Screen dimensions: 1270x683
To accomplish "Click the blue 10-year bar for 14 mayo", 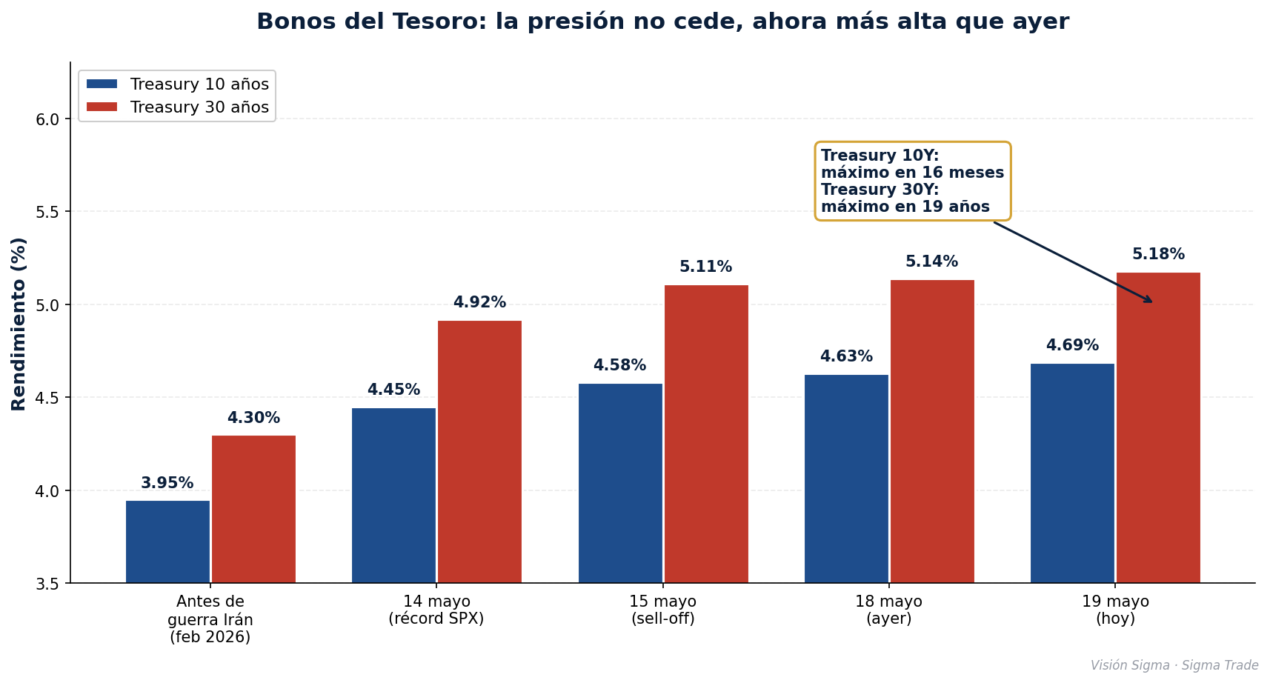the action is [393, 496].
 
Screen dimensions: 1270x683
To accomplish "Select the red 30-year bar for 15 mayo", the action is [706, 434].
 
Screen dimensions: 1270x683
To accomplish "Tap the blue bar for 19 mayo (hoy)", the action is [1072, 473].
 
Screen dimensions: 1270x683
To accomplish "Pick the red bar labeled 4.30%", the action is [254, 509].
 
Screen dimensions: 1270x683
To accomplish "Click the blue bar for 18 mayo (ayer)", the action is [846, 479].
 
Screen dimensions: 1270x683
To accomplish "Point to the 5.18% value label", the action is [1158, 254].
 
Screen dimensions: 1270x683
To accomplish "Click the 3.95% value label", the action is [167, 483].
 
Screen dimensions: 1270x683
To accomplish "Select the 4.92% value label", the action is [479, 302].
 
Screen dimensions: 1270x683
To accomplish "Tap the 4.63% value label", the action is [846, 356].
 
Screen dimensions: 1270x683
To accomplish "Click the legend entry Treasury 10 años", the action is [178, 84].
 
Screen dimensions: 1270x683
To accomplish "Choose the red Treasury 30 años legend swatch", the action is [102, 107].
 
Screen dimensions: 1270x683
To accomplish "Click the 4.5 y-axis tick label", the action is [47, 398].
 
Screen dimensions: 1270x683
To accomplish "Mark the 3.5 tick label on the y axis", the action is [47, 584].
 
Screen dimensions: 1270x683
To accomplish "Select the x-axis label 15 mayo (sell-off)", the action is [662, 610].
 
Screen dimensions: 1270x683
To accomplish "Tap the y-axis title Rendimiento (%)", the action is [18, 324].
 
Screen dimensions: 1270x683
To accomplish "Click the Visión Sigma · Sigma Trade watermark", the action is [1174, 665].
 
